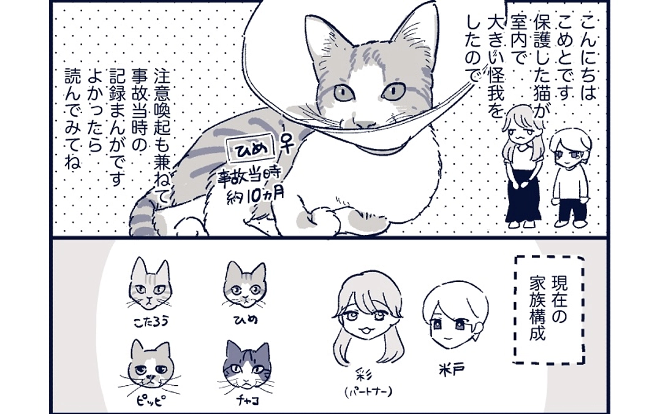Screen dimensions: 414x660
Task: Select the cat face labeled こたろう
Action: point(150,284)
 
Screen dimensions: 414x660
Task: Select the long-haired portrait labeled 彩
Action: point(367,319)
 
